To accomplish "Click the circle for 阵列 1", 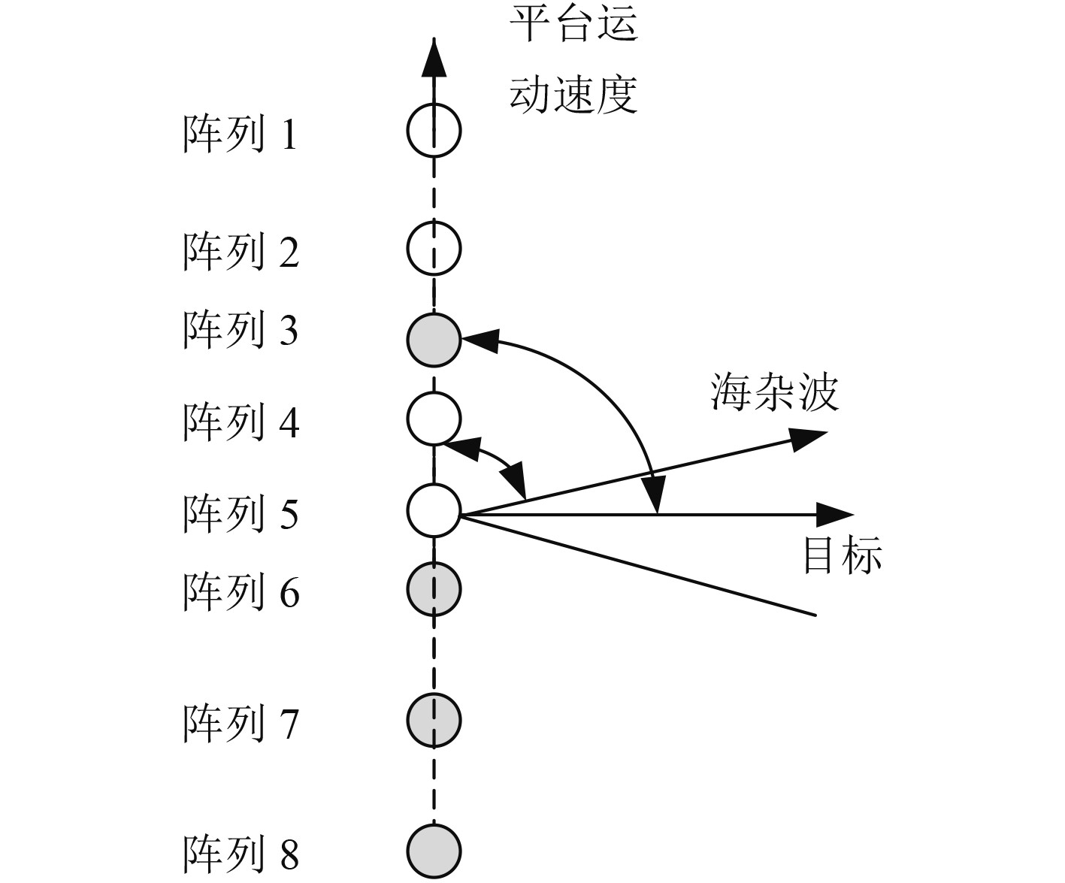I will coord(434,131).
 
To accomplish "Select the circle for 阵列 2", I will coord(434,248).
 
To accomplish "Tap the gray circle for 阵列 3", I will coord(434,340).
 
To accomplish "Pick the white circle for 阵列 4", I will coord(434,419).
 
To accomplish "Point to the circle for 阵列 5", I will coord(434,511).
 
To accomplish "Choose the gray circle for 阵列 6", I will coord(434,587).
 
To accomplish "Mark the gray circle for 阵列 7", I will coord(434,720).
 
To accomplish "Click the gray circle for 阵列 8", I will coord(434,851).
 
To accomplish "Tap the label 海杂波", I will coord(773,392).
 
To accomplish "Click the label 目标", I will coord(842,555).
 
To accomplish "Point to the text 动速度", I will coord(573,94).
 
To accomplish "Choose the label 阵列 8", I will coord(241,854).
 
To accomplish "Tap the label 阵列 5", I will coord(241,514).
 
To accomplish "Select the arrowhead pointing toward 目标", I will coord(836,515).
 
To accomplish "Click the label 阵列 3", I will coord(241,331).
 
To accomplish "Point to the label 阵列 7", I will coord(241,723).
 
